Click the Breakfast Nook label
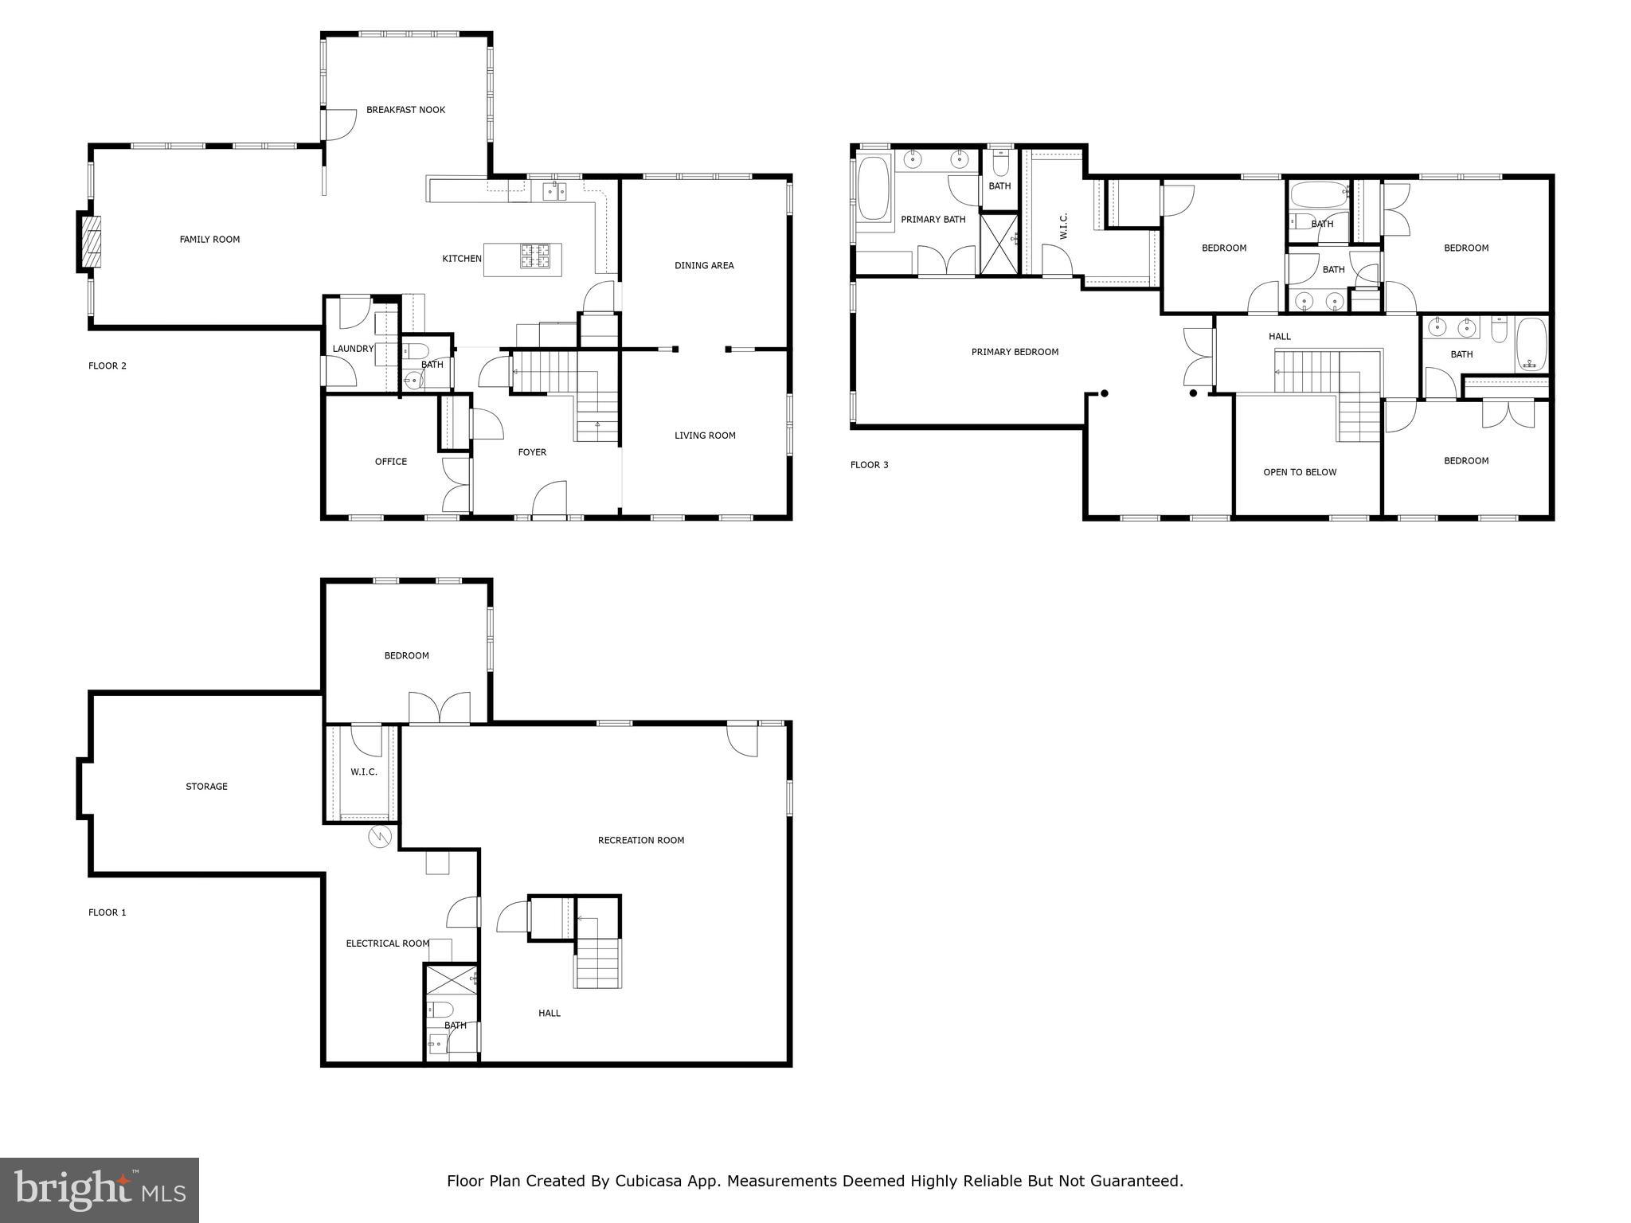click(405, 110)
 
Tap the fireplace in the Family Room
click(91, 241)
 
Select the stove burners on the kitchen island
click(535, 256)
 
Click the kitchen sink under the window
click(554, 190)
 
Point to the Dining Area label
click(704, 266)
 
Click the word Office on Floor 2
click(390, 462)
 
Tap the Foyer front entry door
click(550, 500)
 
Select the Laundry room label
click(353, 349)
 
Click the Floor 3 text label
click(869, 465)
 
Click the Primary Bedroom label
click(1015, 352)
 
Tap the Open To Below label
click(1300, 472)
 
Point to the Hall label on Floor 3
click(1279, 337)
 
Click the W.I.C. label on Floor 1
click(364, 772)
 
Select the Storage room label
click(206, 787)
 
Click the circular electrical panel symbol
click(381, 837)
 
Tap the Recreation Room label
click(640, 840)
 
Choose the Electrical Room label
click(387, 944)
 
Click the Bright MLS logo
click(100, 1190)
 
